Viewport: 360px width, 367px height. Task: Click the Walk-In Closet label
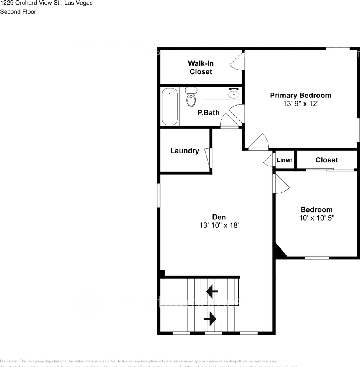(x=201, y=67)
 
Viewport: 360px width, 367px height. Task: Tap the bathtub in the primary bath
(x=170, y=107)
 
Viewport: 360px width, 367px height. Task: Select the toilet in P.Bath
(x=191, y=96)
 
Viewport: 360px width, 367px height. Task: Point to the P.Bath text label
(x=208, y=113)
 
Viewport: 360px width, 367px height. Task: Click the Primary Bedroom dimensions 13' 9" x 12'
(x=300, y=104)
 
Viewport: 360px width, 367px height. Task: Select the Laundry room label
(x=185, y=151)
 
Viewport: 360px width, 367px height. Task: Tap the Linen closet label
(x=284, y=160)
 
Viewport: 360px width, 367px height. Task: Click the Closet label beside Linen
(x=326, y=160)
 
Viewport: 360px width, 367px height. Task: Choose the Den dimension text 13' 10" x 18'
(x=219, y=226)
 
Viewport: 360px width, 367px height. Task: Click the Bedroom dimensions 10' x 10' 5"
(x=316, y=218)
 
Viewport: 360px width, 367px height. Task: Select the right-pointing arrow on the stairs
(x=210, y=318)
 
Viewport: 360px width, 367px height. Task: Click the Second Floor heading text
(x=18, y=12)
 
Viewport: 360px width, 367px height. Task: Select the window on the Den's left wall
(x=159, y=195)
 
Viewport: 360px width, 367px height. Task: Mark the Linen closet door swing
(x=269, y=161)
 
